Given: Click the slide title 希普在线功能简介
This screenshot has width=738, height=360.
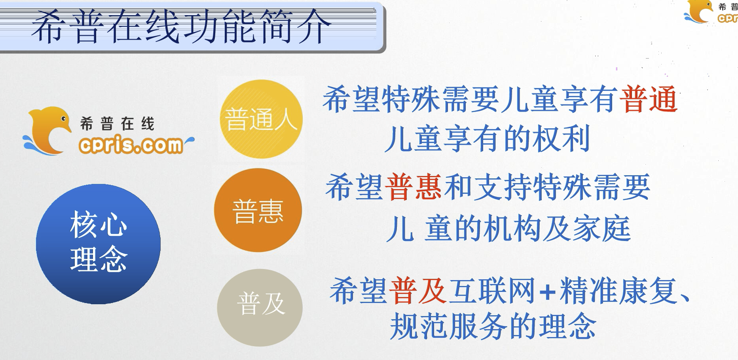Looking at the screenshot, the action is tap(182, 27).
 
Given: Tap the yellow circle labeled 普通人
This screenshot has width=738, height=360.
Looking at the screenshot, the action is tap(261, 119).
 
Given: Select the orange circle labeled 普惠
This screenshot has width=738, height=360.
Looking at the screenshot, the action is tap(258, 210).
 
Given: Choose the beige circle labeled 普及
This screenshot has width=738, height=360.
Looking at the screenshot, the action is tap(260, 307).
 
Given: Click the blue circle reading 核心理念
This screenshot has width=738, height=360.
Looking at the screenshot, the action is tap(99, 244).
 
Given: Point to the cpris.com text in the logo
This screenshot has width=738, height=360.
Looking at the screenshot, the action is tap(131, 145).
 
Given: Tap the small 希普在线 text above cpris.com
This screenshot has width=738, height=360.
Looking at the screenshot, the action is tap(117, 124).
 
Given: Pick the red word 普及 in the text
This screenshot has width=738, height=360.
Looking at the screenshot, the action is tap(418, 291).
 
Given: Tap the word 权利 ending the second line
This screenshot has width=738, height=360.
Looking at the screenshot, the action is tap(562, 138).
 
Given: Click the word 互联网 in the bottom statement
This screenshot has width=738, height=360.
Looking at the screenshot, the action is tap(492, 291).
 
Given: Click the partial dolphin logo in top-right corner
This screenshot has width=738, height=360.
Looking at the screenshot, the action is tap(711, 12).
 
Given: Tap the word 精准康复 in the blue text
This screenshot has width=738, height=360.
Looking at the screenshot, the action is tap(618, 291).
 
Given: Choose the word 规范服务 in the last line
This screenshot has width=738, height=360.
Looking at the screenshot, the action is tap(449, 326).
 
